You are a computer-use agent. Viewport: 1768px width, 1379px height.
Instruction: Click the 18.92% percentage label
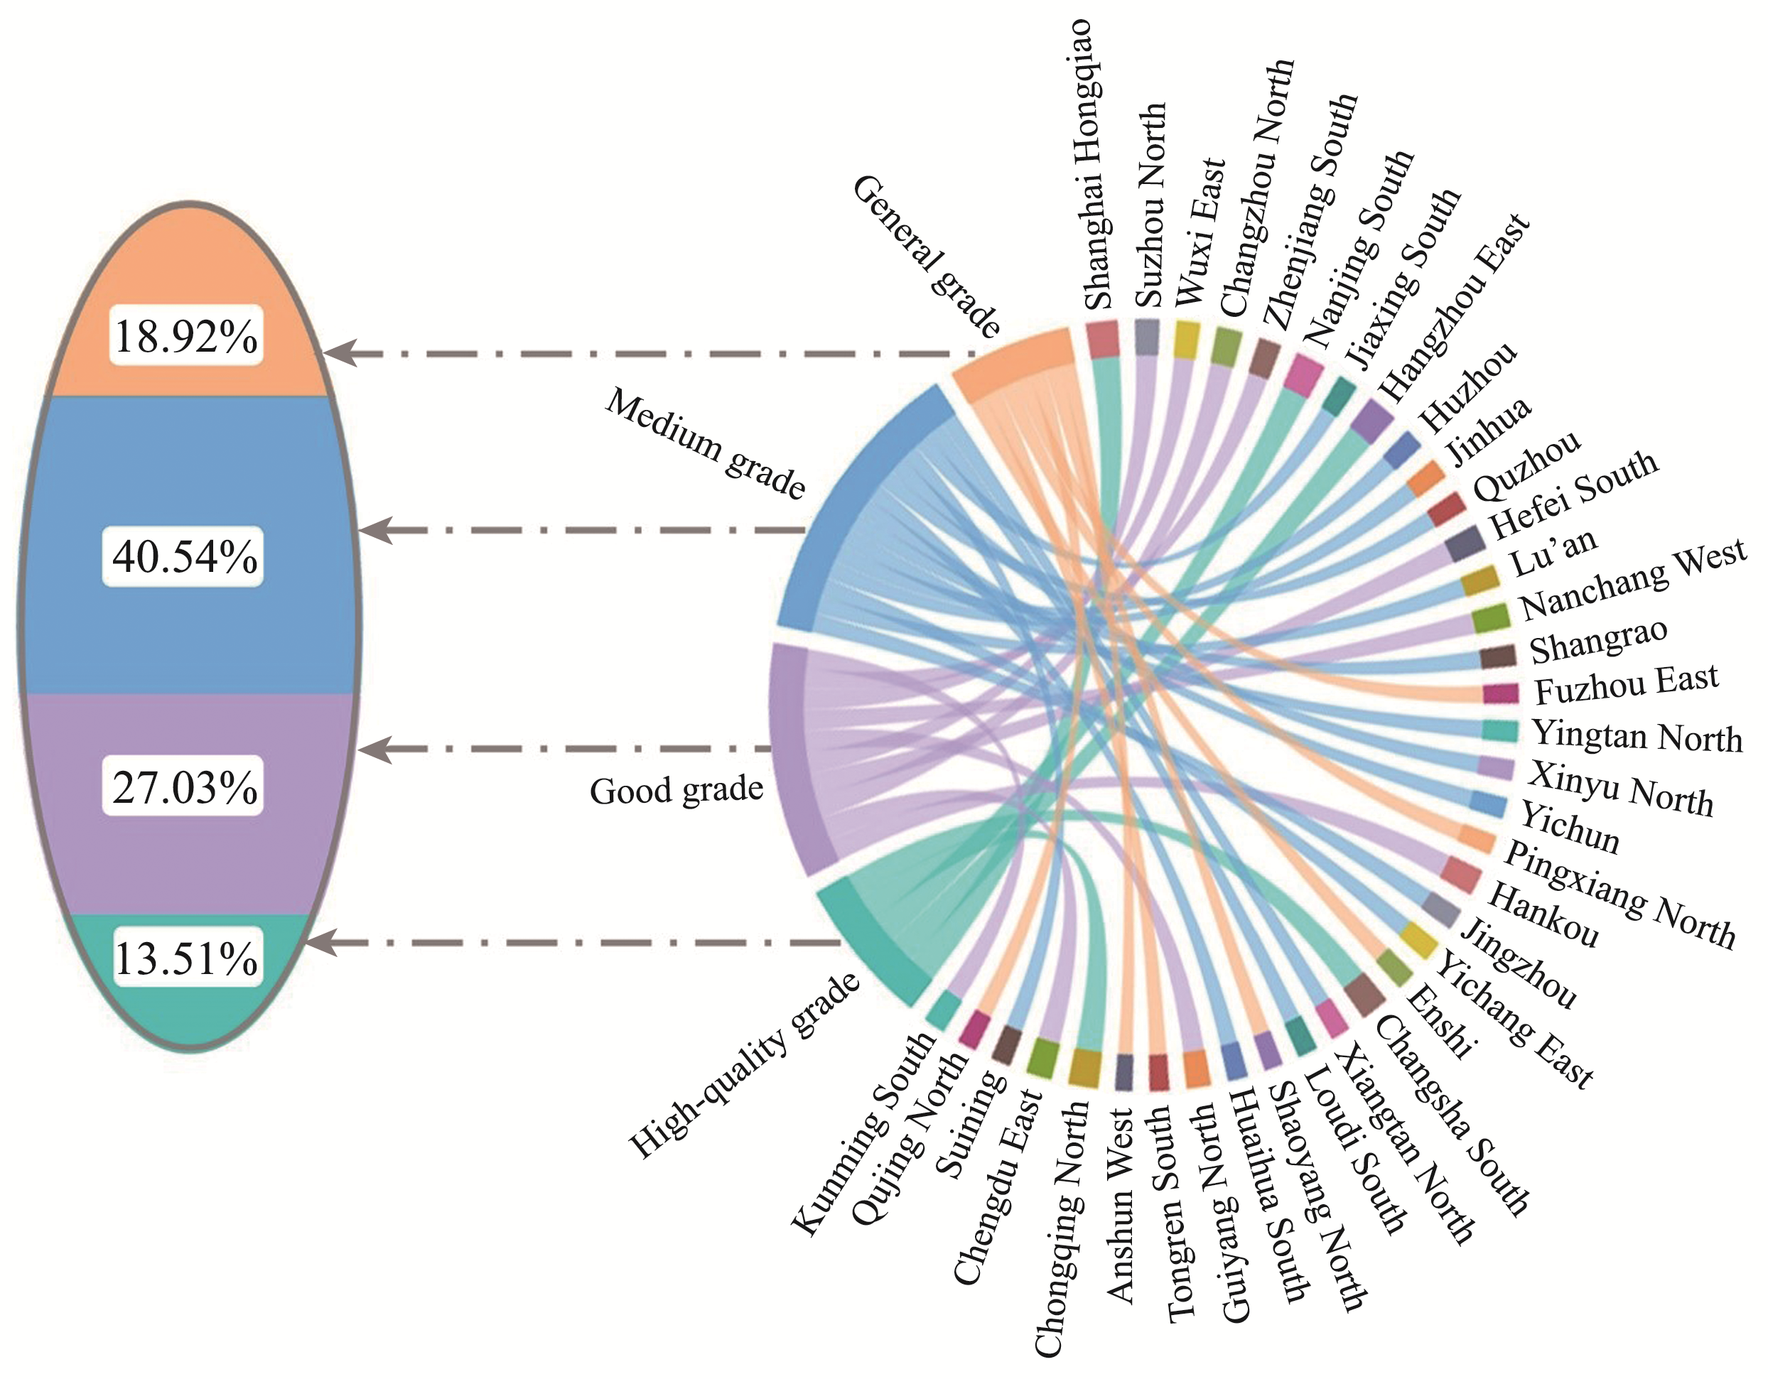coord(186,336)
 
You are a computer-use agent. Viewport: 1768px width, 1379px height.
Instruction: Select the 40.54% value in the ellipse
coord(185,557)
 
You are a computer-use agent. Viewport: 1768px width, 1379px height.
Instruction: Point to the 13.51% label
coord(186,958)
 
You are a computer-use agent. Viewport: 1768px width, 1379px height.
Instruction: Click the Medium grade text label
coord(705,443)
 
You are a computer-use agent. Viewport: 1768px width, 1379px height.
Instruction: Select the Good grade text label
coord(677,791)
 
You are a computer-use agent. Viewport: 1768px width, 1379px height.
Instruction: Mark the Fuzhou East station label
coord(1626,685)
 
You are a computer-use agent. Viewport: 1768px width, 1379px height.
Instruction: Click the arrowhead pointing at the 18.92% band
coord(340,354)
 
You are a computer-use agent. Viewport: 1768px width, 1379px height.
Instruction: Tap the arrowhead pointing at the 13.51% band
coord(321,943)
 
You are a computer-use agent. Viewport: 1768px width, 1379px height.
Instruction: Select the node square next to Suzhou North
coord(1147,337)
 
